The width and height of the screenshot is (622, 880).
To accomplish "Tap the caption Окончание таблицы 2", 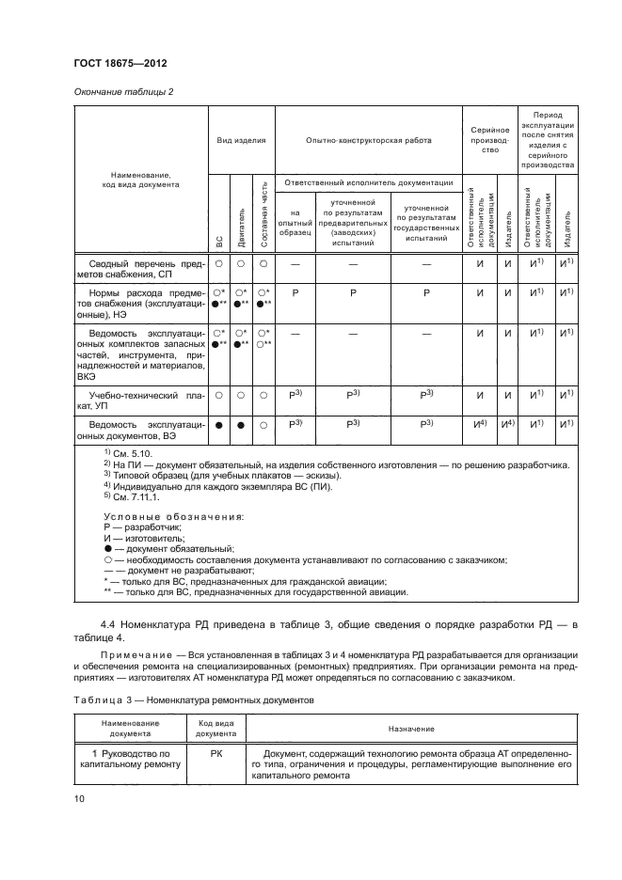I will pyautogui.click(x=121, y=91).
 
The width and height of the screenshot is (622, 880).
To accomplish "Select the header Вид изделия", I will pyautogui.click(x=241, y=140).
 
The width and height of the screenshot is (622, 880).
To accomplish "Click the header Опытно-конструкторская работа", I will pyautogui.click(x=369, y=140).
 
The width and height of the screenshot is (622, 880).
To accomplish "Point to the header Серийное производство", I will pyautogui.click(x=489, y=140).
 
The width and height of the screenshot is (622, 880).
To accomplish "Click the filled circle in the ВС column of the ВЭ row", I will pyautogui.click(x=218, y=426).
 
